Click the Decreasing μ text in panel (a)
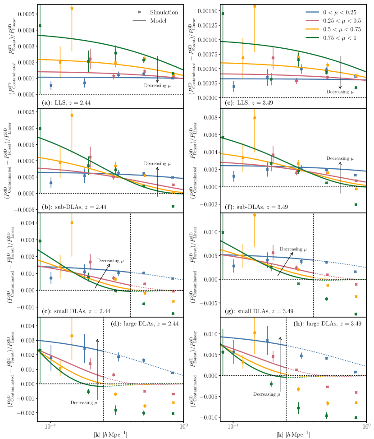coord(158,84)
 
